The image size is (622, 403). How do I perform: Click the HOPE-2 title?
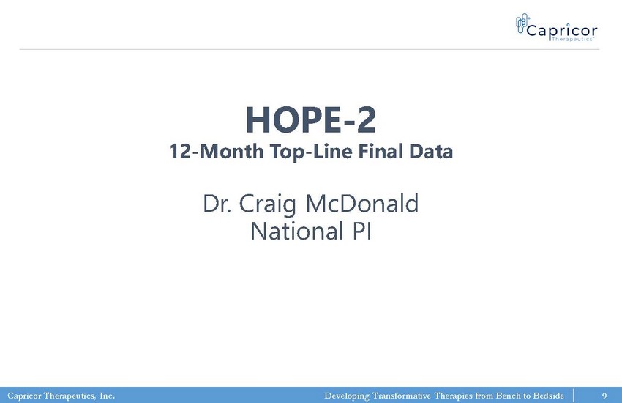[310, 119]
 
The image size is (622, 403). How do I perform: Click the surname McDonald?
[362, 203]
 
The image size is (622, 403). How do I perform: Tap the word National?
[296, 231]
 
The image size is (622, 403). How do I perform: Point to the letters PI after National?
[361, 231]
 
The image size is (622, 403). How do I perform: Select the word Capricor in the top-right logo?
[562, 30]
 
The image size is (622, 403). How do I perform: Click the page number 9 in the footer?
[604, 396]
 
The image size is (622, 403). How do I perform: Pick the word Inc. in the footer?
[107, 396]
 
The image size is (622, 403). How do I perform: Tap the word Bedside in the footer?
[548, 396]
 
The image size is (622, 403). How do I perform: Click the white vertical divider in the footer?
[573, 396]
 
